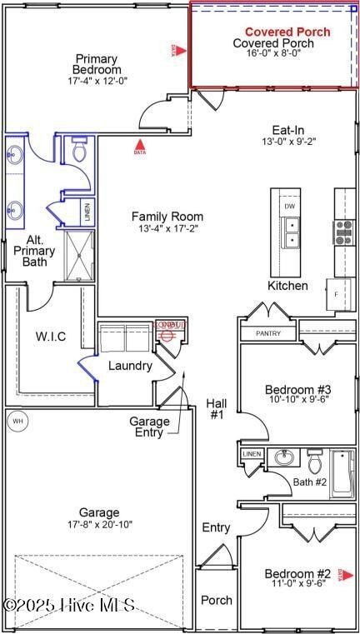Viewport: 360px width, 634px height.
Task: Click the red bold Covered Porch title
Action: pyautogui.click(x=287, y=32)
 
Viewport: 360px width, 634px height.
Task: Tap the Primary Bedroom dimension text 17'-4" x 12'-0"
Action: pyautogui.click(x=97, y=82)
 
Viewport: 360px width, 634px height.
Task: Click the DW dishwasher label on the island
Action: pyautogui.click(x=289, y=206)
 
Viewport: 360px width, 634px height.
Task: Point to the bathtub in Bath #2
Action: pyautogui.click(x=342, y=473)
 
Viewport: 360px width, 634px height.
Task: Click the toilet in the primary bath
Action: pyautogui.click(x=79, y=150)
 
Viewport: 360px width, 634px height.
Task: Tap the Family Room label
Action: pyautogui.click(x=167, y=217)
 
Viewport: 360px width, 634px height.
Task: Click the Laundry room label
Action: pyautogui.click(x=131, y=366)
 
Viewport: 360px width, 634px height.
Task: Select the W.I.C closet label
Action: pyautogui.click(x=50, y=337)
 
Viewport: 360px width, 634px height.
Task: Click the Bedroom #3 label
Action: pyautogui.click(x=297, y=389)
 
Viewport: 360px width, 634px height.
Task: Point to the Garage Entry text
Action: pyautogui.click(x=149, y=427)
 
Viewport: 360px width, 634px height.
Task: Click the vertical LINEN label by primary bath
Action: pyautogui.click(x=87, y=212)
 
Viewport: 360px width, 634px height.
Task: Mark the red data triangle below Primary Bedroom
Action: pyautogui.click(x=139, y=147)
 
